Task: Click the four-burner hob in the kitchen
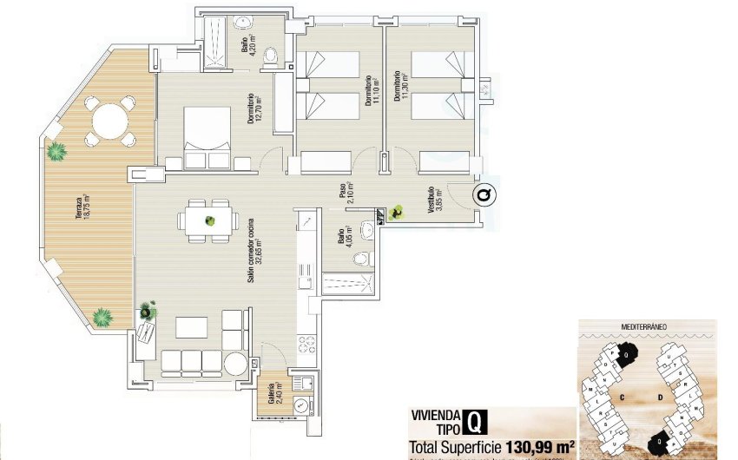coord(306,344)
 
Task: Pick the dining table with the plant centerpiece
coord(209,220)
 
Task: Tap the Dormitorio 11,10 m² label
coord(372,89)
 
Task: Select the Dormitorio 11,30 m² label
coord(400,88)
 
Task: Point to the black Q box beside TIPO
coord(475,422)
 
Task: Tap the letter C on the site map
coord(623,397)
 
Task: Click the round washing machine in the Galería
coord(300,404)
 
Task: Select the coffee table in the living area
coord(192,327)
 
